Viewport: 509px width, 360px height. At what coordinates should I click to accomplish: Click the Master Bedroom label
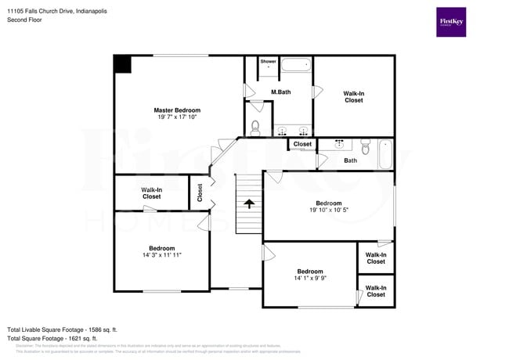[x=177, y=110]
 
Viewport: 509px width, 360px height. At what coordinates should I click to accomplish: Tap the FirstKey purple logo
[x=450, y=22]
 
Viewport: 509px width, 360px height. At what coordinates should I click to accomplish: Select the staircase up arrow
[x=249, y=203]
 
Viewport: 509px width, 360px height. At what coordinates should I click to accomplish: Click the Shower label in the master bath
[x=269, y=61]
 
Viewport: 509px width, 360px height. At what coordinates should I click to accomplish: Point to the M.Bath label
[x=280, y=92]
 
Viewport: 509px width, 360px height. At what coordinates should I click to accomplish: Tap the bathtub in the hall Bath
[x=384, y=154]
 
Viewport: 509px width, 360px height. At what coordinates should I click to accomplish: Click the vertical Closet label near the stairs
[x=200, y=193]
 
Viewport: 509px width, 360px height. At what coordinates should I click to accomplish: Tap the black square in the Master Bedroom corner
[x=122, y=64]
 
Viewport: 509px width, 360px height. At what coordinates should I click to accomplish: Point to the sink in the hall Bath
[x=340, y=145]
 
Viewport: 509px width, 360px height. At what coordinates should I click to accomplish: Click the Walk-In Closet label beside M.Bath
[x=353, y=97]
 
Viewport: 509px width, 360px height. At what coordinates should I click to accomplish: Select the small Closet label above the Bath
[x=302, y=144]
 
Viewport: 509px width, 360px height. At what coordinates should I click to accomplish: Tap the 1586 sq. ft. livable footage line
[x=62, y=329]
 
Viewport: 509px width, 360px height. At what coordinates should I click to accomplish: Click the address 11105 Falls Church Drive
[x=57, y=12]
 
